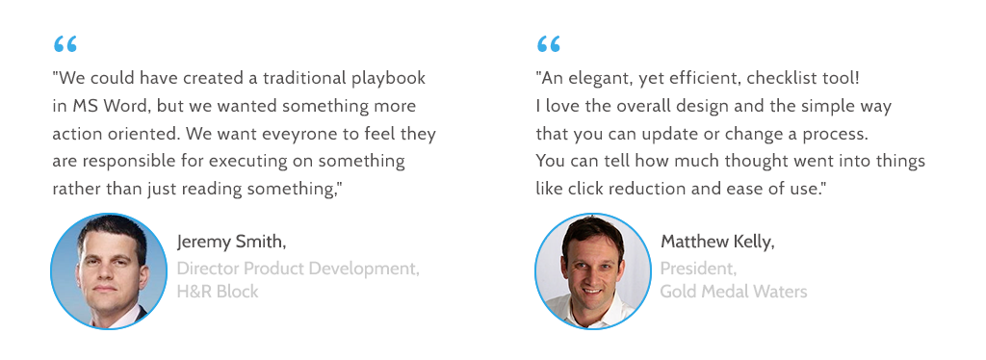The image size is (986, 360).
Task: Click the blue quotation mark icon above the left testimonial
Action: click(x=65, y=44)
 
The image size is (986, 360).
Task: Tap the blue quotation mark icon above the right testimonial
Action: click(x=549, y=44)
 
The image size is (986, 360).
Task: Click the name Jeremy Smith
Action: click(x=231, y=242)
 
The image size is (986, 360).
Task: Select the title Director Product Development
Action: click(x=298, y=270)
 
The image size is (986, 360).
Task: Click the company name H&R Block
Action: click(x=218, y=293)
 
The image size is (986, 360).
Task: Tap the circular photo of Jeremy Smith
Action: click(x=109, y=271)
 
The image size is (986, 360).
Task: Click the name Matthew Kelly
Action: click(x=717, y=242)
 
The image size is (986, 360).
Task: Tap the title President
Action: click(x=698, y=270)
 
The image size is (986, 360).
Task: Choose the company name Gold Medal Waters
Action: click(x=734, y=293)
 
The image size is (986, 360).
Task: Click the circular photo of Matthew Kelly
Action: click(x=593, y=271)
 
